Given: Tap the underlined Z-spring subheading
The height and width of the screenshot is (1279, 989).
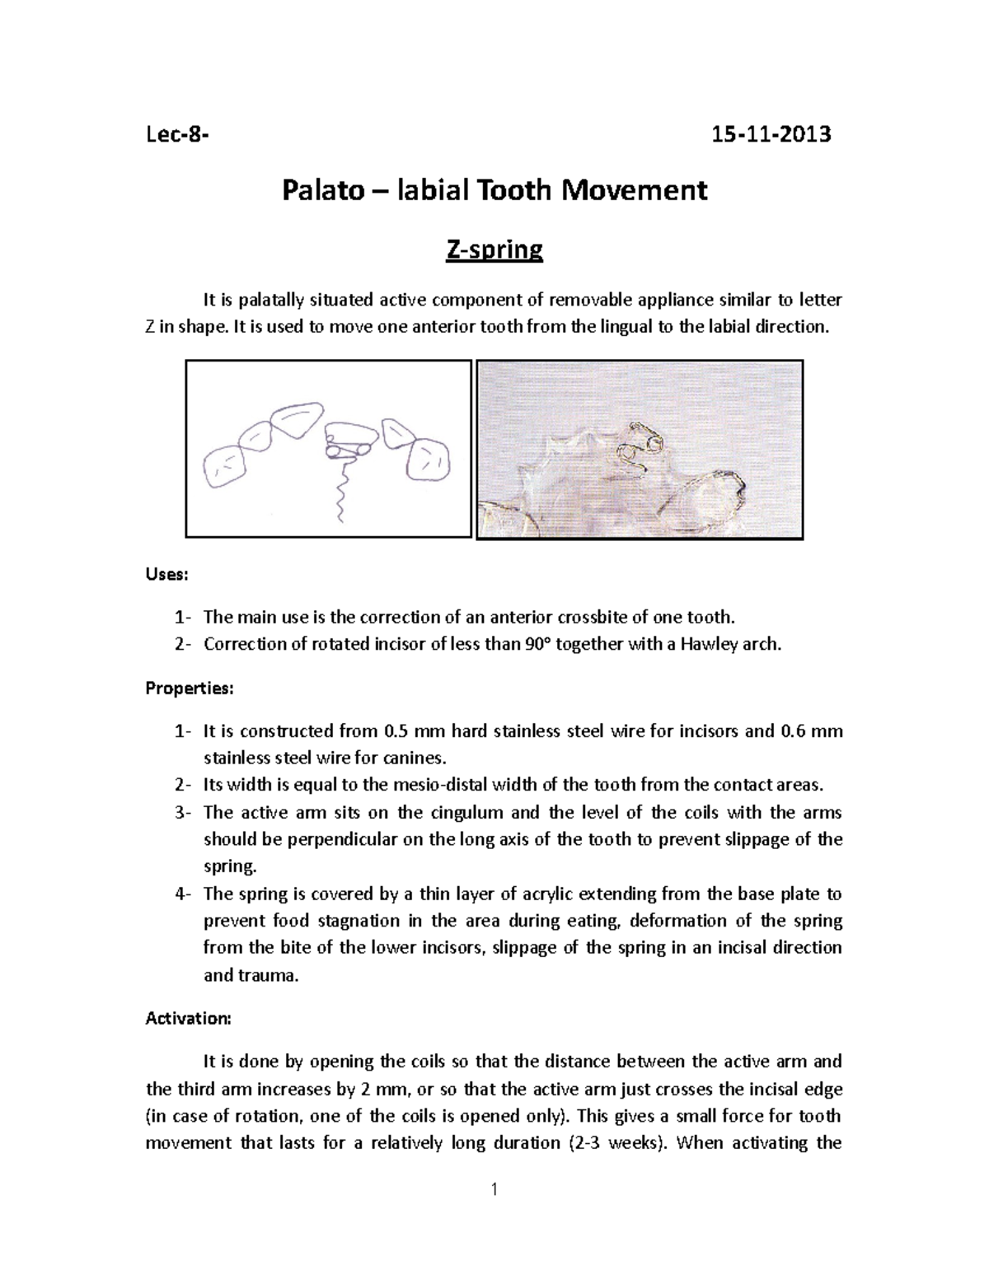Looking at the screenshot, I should pyautogui.click(x=494, y=249).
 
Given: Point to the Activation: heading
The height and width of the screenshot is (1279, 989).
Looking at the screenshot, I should pyautogui.click(x=189, y=1018).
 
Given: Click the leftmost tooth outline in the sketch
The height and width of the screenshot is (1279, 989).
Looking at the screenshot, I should pyautogui.click(x=224, y=467).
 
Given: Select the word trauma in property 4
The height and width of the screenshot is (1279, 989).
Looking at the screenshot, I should pyautogui.click(x=268, y=975).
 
